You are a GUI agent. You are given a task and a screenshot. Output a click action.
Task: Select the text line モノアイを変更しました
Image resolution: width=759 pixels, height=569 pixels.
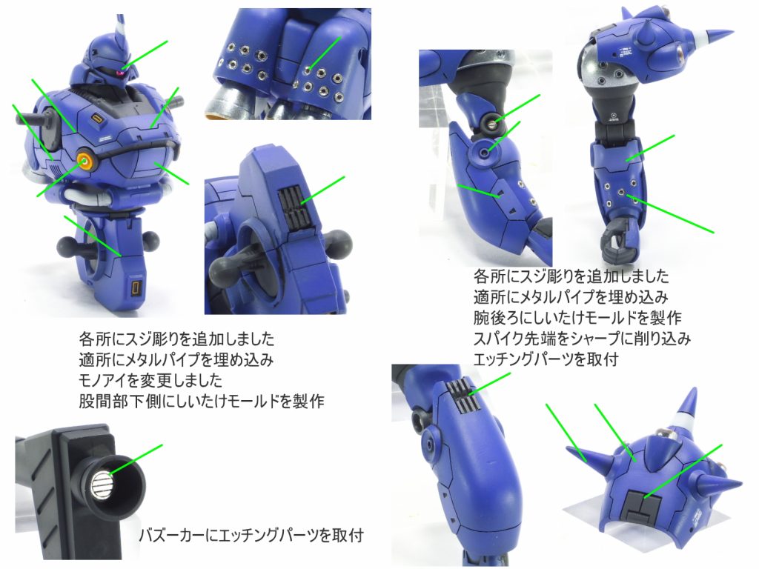[x=150, y=380]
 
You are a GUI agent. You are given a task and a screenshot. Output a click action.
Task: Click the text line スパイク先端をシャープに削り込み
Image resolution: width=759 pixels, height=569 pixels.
[x=582, y=338]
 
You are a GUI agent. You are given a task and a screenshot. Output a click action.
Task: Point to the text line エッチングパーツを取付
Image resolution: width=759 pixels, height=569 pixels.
[x=546, y=359]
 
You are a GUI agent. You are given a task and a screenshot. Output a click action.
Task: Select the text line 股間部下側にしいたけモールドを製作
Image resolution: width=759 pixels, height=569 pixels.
[x=202, y=401]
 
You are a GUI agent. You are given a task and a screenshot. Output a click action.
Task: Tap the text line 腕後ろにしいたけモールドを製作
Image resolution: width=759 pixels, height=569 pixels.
[x=577, y=317]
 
